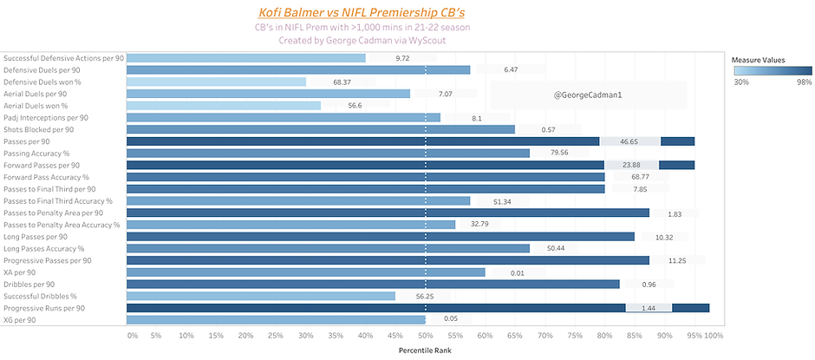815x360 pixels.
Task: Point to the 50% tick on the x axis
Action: pos(425,335)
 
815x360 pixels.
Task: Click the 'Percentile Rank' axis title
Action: pos(424,350)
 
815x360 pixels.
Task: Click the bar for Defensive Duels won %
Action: pos(216,82)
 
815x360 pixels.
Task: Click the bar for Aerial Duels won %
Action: pos(223,106)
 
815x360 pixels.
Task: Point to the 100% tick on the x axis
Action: pos(712,335)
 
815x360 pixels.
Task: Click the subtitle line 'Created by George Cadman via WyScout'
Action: pos(362,41)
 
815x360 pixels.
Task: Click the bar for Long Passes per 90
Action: pos(380,237)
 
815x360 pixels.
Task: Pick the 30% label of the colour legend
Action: pos(742,82)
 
